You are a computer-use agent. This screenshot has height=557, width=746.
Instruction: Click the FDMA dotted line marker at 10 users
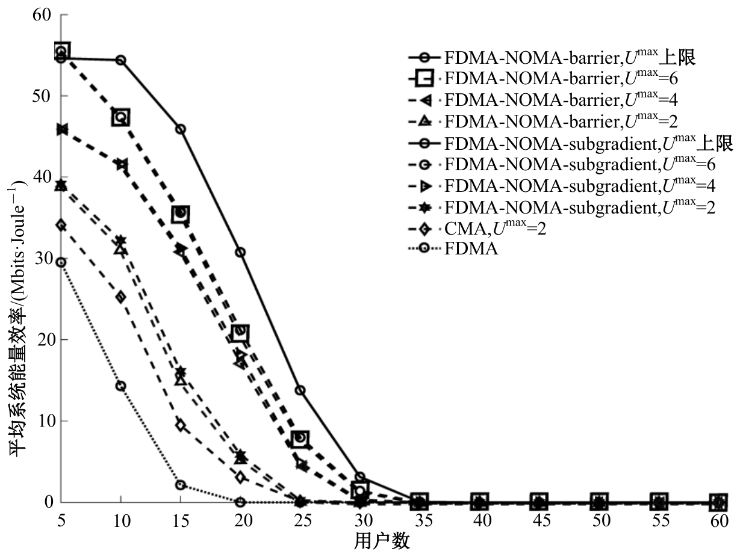pyautogui.click(x=121, y=386)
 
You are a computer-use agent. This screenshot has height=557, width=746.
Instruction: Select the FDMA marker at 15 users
pyautogui.click(x=181, y=485)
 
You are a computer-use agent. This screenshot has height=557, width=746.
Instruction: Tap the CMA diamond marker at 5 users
pyautogui.click(x=61, y=226)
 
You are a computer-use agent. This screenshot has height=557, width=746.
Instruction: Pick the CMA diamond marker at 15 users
pyautogui.click(x=181, y=425)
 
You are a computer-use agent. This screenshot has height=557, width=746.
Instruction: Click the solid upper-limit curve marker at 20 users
pyautogui.click(x=240, y=252)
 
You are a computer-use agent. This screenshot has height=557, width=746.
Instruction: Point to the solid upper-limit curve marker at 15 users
pyautogui.click(x=181, y=129)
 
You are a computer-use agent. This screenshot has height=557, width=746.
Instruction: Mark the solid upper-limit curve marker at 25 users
pyautogui.click(x=300, y=390)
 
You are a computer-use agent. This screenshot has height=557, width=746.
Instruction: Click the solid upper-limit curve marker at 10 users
pyautogui.click(x=121, y=60)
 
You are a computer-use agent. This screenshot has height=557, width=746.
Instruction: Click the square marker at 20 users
pyautogui.click(x=240, y=331)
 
